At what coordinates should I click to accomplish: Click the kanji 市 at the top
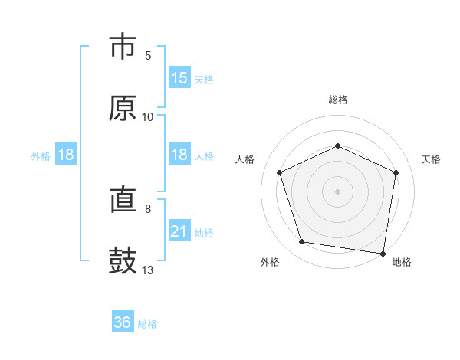[x=123, y=47]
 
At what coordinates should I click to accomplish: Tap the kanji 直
[x=123, y=201]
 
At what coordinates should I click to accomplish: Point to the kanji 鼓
[x=123, y=261]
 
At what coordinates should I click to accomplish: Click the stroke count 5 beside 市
[x=148, y=56]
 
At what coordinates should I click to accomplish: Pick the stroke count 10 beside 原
[x=148, y=117]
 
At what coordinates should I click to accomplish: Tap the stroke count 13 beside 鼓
[x=148, y=270]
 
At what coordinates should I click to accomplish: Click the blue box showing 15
[x=179, y=77]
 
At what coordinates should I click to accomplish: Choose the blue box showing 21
[x=179, y=231]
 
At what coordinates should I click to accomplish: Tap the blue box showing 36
[x=123, y=322]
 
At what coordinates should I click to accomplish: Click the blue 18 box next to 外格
[x=66, y=155]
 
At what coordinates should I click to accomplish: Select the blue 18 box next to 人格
[x=179, y=155]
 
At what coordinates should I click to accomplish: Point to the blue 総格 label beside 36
[x=147, y=324]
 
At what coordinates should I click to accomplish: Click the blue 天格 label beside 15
[x=204, y=79]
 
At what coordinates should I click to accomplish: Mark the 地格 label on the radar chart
[x=402, y=262]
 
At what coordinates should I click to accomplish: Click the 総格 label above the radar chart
[x=338, y=100]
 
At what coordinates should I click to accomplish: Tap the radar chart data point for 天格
[x=396, y=172]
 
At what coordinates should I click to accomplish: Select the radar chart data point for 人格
[x=280, y=172]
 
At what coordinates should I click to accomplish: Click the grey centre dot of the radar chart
[x=338, y=191]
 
